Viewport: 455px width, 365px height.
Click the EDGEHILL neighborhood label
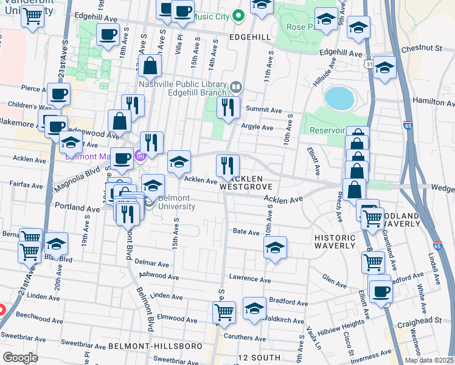[x=249, y=37]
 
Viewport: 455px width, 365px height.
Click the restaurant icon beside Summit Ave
[x=228, y=108]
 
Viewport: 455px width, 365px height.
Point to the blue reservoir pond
[x=339, y=98]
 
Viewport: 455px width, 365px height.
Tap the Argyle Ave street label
[x=259, y=127]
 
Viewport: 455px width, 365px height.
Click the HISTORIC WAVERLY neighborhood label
[x=335, y=241]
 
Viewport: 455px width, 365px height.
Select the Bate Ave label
[x=246, y=231]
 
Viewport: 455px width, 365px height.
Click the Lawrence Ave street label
[x=249, y=277]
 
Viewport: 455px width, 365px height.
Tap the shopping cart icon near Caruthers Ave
[x=224, y=313]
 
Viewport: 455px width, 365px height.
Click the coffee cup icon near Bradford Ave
[x=381, y=291]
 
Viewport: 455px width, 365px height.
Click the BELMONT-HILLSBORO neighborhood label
[x=155, y=346]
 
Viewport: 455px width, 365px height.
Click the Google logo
[x=20, y=358]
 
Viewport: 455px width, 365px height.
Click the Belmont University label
[x=176, y=203]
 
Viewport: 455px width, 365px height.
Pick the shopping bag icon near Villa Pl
[x=149, y=68]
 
